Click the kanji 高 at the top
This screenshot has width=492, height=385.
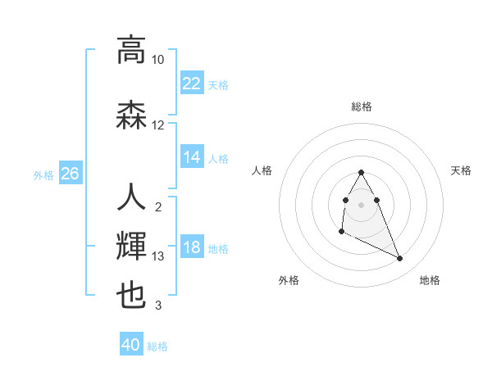coord(131,50)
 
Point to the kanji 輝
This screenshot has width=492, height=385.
coord(131,247)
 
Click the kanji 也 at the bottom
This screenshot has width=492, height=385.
coord(131,295)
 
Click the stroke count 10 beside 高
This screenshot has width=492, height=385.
coord(158,60)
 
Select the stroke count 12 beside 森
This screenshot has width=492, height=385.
coord(158,125)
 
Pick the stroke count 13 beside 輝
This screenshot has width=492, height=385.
coord(158,256)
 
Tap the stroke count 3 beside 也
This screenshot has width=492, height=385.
coord(158,306)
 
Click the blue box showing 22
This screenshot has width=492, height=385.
coord(192,84)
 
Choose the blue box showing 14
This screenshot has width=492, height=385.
coord(192,157)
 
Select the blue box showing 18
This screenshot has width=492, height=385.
coord(192,248)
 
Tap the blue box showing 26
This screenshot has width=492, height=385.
coord(70,174)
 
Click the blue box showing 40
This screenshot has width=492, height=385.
coord(131,345)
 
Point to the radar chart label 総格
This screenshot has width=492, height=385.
coord(362,106)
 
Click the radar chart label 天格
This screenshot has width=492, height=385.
coord(462,170)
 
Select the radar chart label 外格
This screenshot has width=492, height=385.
coord(289,280)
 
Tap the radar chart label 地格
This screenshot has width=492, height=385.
coord(430,280)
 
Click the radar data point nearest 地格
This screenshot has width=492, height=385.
coord(400,259)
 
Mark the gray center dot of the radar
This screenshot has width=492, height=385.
coord(362,204)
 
